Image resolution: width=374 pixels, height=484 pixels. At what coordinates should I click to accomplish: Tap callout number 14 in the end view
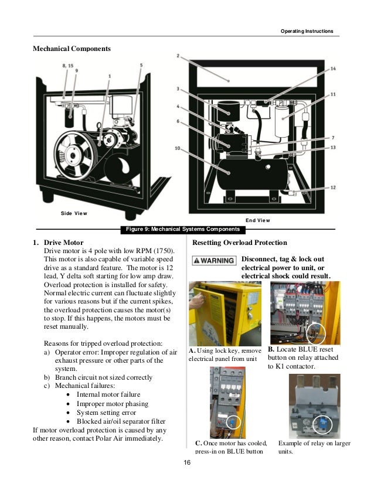(x=333, y=69)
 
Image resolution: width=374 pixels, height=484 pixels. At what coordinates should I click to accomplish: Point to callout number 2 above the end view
(x=177, y=56)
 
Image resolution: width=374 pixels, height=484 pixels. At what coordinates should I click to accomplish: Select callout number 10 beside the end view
(x=177, y=148)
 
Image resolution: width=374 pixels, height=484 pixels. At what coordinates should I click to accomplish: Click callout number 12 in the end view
(x=333, y=188)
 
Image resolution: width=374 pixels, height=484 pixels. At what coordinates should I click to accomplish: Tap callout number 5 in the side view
(x=141, y=65)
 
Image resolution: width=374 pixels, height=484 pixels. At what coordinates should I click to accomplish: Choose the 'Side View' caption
(x=74, y=213)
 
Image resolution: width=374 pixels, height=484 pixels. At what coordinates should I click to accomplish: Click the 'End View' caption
(x=258, y=220)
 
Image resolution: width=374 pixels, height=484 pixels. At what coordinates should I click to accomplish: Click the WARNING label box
(x=215, y=260)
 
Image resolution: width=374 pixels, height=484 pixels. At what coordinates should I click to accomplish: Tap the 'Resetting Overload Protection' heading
(x=239, y=243)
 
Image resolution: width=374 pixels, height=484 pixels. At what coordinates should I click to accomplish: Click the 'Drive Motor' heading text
(x=63, y=243)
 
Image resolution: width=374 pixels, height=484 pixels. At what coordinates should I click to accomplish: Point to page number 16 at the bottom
(x=187, y=463)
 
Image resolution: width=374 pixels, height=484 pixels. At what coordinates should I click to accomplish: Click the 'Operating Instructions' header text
(x=307, y=30)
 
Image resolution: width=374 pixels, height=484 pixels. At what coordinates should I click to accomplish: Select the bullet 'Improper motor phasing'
(x=112, y=404)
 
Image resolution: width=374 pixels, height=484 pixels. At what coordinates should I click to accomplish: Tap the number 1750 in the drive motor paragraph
(x=155, y=251)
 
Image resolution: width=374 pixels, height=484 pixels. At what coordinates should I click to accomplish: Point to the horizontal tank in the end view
(x=252, y=176)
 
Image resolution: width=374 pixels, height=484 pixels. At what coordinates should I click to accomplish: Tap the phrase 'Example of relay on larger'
(x=314, y=443)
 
